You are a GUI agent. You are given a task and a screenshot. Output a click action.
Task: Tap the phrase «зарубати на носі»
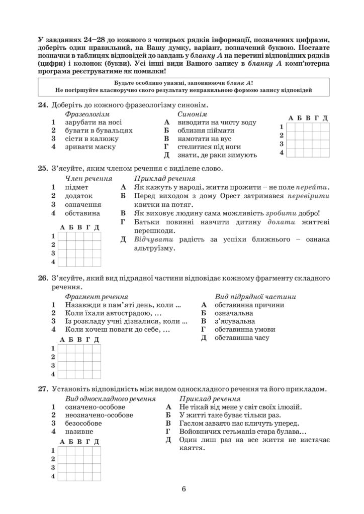tap(93, 122)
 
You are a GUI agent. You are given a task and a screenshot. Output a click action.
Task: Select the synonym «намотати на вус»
tap(206, 139)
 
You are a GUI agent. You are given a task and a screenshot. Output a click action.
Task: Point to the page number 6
tap(184, 490)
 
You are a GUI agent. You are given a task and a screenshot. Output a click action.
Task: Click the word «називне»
tap(78, 432)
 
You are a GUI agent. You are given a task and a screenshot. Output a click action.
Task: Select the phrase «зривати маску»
tap(90, 147)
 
